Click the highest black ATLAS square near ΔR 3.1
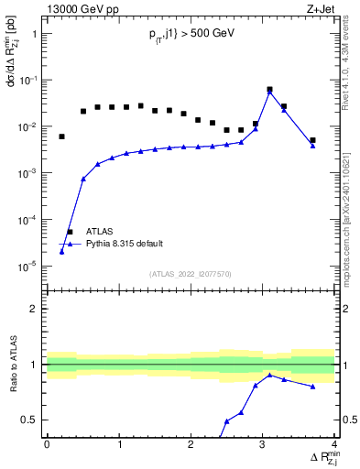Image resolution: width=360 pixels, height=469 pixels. (x=269, y=90)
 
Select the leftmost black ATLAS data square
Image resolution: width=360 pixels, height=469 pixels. (x=61, y=136)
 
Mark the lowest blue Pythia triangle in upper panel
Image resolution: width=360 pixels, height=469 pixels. (x=61, y=251)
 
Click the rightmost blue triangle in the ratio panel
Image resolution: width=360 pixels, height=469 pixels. (x=312, y=387)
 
